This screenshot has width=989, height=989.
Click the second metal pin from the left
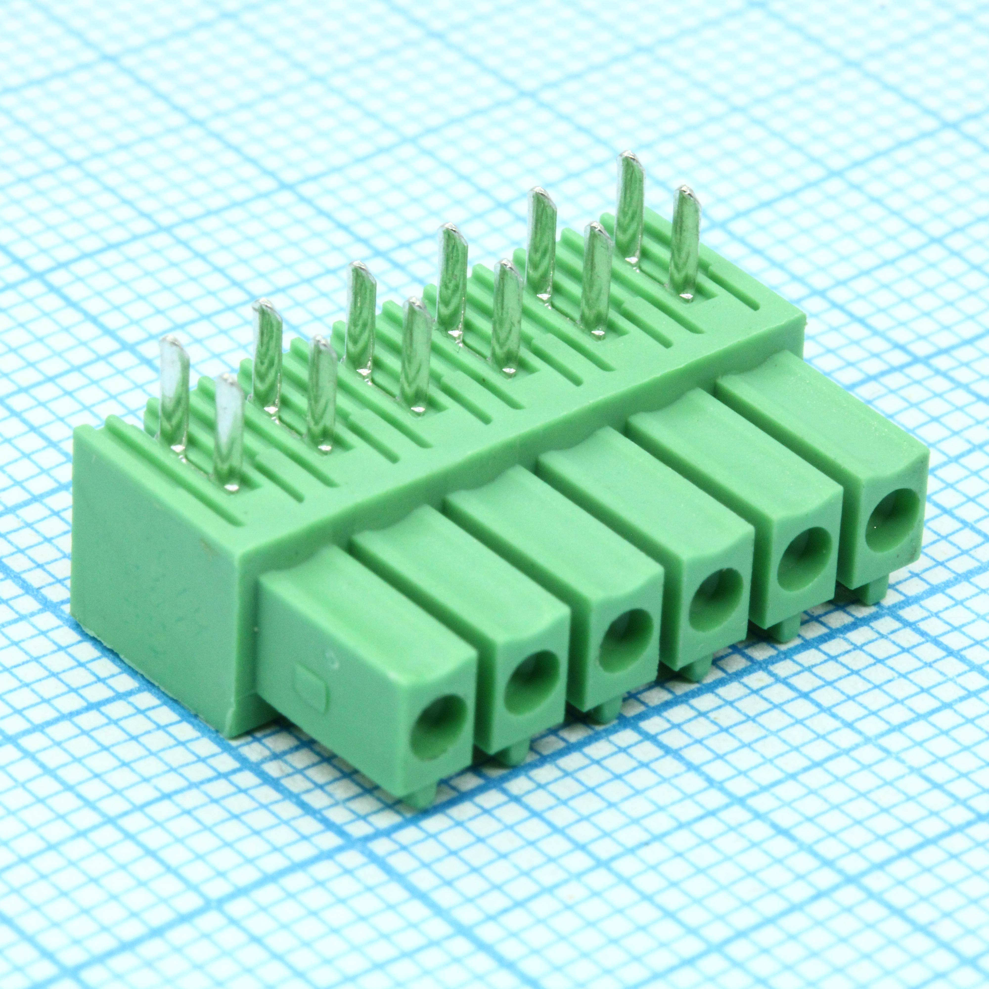coord(228,430)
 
